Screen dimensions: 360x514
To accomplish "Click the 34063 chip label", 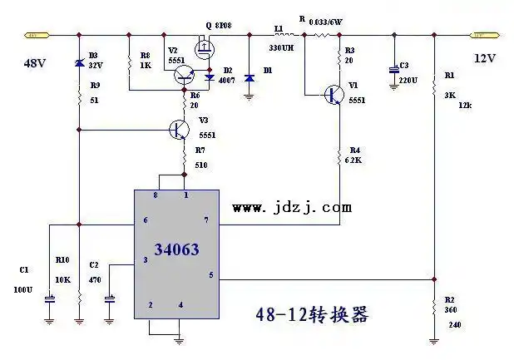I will (x=176, y=249).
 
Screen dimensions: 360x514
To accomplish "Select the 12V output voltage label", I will (x=485, y=58).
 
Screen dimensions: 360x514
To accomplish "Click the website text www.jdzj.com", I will (x=292, y=208).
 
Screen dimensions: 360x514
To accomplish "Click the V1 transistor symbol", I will (x=335, y=95).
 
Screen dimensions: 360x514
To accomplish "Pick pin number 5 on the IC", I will (x=210, y=275).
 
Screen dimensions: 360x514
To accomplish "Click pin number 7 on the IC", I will (x=205, y=219).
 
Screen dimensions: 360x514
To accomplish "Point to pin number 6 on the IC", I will (x=145, y=219).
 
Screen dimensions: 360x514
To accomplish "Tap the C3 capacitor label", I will (x=404, y=65).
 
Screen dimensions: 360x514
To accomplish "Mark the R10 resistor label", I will (x=62, y=259).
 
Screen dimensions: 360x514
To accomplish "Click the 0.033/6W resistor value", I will (x=329, y=22).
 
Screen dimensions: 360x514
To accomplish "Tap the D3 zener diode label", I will (x=93, y=55).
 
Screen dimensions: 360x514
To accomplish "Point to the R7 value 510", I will (x=200, y=165).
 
